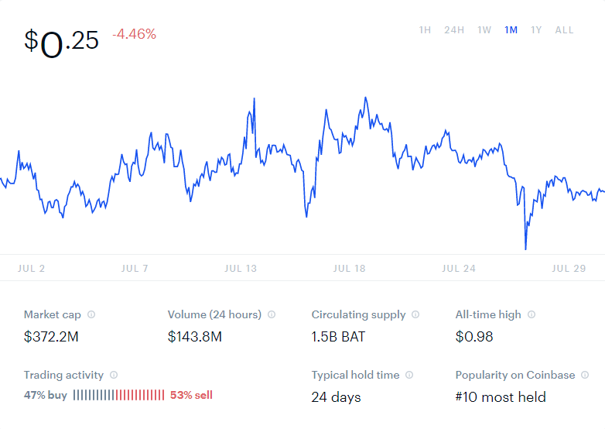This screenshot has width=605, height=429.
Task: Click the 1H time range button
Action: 425,30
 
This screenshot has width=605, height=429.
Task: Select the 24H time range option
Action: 454,30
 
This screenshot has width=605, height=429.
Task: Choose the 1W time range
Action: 484,30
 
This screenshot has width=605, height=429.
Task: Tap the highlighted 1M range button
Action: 511,30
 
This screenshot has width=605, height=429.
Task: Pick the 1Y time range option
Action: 536,30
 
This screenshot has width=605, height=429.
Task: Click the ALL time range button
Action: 564,30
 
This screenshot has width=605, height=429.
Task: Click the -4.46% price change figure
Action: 134,34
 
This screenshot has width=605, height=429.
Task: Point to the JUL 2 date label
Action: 31,269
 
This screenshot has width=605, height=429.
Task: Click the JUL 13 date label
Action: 241,269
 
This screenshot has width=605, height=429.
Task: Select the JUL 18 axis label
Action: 349,269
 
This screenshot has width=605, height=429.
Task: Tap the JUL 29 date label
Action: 569,269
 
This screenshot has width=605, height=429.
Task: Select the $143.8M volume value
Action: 195,337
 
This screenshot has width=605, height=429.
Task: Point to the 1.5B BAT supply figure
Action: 338,337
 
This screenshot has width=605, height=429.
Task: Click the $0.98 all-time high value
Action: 474,337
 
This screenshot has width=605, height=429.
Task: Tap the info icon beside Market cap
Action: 91,315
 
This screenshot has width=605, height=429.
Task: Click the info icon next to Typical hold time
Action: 409,376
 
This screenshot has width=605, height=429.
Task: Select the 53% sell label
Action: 191,396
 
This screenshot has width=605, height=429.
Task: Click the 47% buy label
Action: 46,396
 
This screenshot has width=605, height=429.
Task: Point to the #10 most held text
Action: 501,397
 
